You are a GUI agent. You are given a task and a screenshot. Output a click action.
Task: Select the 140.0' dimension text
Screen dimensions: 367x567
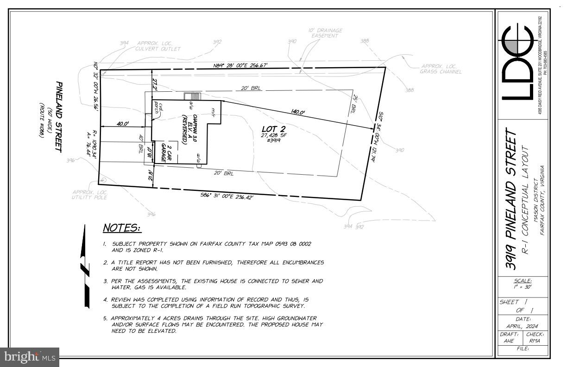point(298,112)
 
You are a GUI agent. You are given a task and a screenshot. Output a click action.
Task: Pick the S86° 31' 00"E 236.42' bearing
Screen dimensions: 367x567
point(227,197)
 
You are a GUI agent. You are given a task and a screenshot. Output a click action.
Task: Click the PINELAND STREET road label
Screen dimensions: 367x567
point(58,116)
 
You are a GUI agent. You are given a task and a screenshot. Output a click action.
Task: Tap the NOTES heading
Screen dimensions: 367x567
point(122,228)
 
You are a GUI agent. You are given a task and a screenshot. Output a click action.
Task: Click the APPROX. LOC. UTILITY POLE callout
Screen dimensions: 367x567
point(89,195)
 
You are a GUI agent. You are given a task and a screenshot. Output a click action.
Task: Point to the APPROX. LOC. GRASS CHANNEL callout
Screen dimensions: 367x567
point(441,69)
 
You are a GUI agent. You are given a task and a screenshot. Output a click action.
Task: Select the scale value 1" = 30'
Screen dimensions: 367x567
point(523,287)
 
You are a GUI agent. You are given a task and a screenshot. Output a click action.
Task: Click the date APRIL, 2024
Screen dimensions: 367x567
point(523,326)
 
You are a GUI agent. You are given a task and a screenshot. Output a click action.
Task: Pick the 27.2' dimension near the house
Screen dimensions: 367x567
point(156,84)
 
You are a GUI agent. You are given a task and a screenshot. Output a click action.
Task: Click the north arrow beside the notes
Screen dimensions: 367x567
point(85,266)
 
